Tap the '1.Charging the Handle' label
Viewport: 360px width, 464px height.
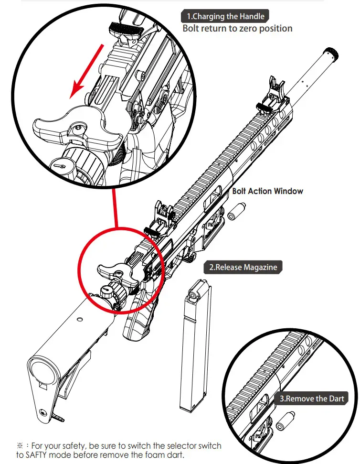(224, 16)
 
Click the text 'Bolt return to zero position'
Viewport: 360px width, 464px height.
(237, 29)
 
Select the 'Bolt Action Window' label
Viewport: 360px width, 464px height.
(267, 191)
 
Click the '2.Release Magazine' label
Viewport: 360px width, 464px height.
(243, 267)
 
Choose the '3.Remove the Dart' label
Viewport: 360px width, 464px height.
(312, 398)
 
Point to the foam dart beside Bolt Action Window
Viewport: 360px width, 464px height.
(237, 211)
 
